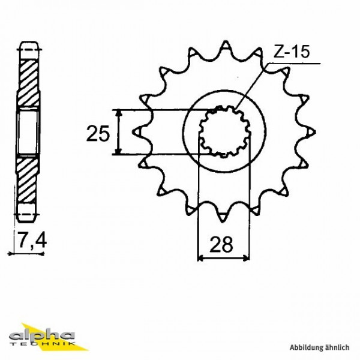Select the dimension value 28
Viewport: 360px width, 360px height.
pos(223,245)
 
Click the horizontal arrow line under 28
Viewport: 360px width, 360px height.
pos(223,259)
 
